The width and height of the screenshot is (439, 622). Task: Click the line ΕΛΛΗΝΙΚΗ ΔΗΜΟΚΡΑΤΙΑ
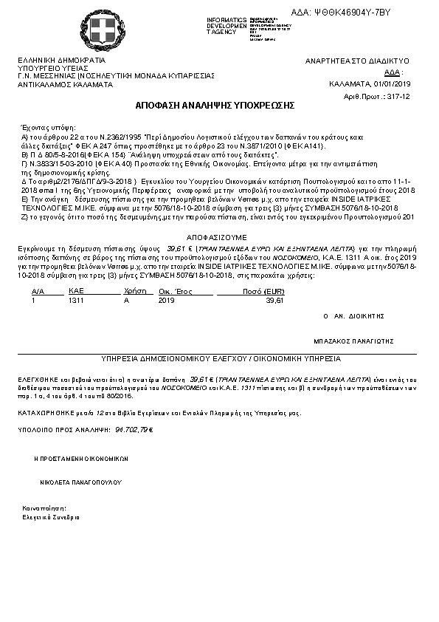[61, 60]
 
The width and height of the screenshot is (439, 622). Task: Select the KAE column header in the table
[76, 292]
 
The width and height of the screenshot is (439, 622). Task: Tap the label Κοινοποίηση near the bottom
[40, 510]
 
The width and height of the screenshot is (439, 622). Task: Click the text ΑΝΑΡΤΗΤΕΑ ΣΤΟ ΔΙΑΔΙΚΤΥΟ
[357, 61]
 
